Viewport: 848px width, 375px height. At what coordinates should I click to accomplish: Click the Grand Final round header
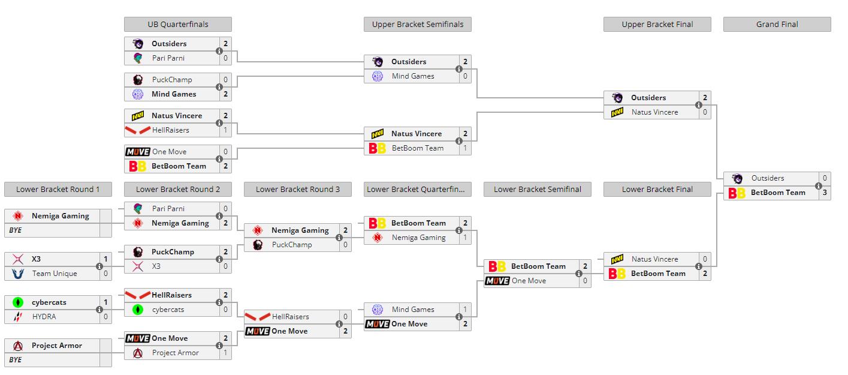777,25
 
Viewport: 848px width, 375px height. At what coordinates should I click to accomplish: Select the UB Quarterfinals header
178,25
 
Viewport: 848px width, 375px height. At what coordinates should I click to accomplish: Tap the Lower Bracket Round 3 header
298,190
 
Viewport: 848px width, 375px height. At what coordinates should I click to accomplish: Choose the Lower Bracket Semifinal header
538,190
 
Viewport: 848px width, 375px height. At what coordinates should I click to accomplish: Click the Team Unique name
55,274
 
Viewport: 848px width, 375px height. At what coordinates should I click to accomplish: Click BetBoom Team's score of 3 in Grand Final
825,193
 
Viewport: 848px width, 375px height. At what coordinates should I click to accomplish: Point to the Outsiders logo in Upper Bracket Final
617,98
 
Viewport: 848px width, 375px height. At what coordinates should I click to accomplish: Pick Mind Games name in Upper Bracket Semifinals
413,76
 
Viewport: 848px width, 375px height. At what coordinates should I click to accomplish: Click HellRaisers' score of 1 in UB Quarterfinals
225,130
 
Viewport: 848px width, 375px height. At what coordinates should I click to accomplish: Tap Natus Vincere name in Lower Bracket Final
654,259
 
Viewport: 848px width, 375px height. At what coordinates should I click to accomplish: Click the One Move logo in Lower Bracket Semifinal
497,281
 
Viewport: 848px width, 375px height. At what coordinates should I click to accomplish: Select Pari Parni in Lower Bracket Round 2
168,209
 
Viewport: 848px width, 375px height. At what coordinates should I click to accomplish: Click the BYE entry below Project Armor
15,360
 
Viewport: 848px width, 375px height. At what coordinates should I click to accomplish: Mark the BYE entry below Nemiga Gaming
15,230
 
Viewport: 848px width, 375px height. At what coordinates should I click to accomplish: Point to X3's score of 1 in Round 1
105,259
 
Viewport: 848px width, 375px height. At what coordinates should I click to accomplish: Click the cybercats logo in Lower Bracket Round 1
18,302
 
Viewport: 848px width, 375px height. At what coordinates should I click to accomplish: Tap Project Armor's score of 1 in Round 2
225,353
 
